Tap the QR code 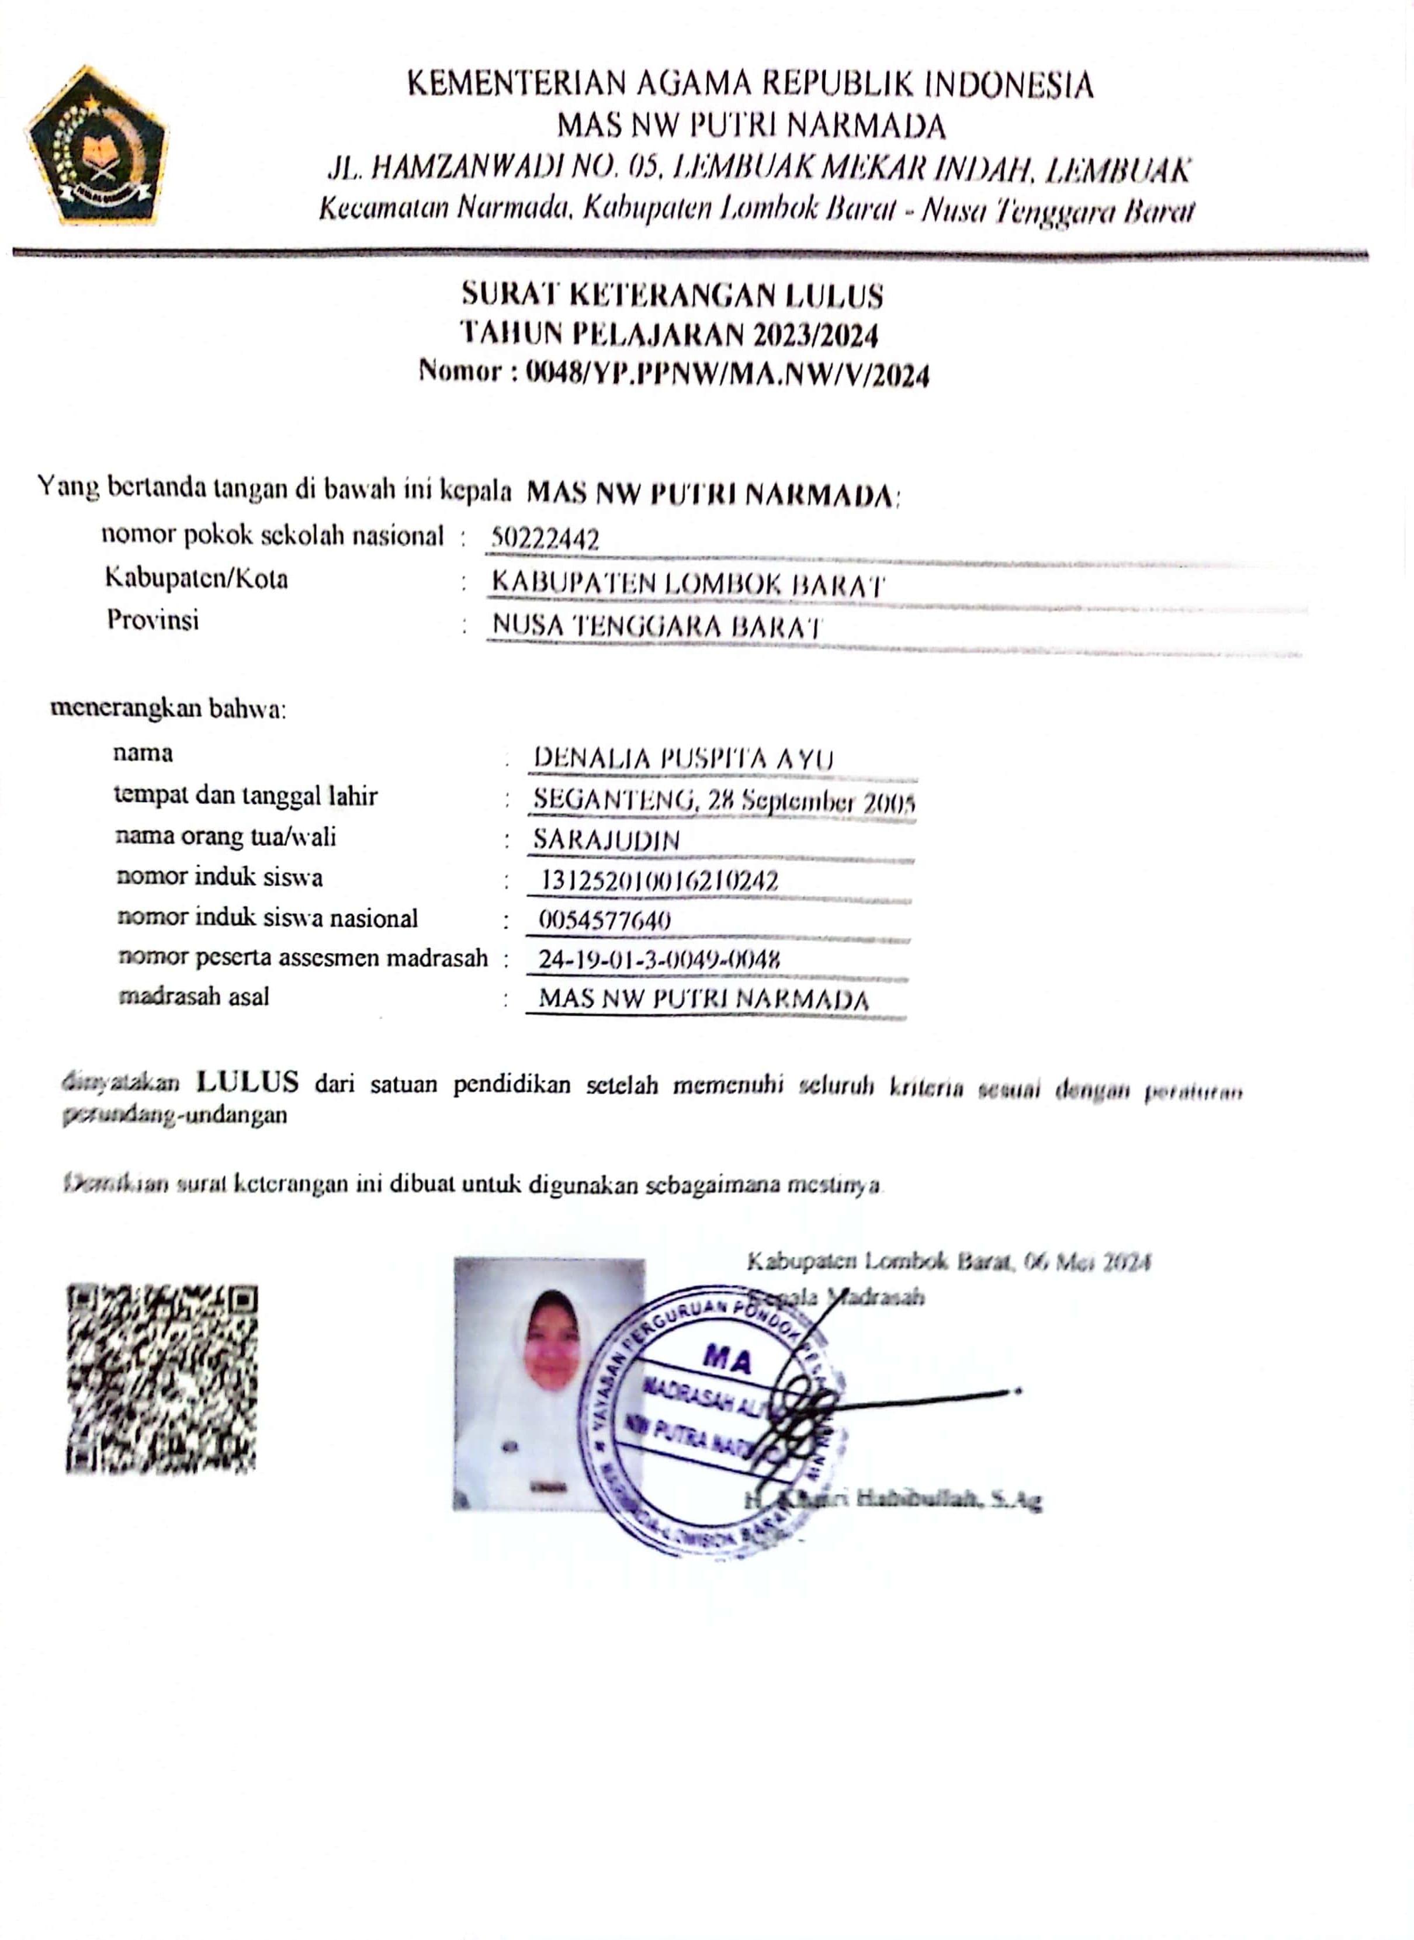[x=162, y=1379]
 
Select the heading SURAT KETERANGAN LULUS [x=672, y=295]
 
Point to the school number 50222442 [x=545, y=539]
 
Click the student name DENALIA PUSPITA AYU [x=683, y=759]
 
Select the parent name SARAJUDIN [x=606, y=839]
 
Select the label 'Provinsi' [x=153, y=619]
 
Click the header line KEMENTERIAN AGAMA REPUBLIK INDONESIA [x=750, y=85]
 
